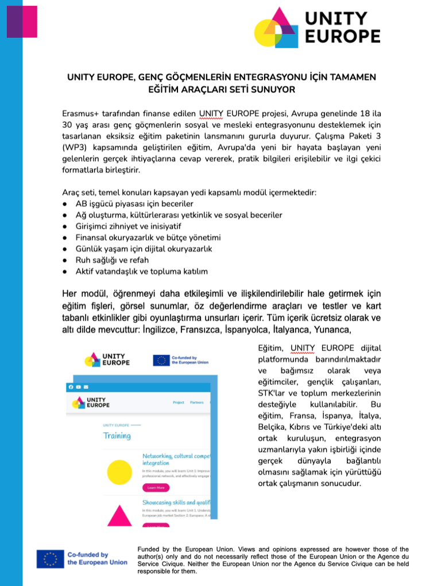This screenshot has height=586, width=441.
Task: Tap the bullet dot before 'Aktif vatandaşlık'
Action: pyautogui.click(x=67, y=271)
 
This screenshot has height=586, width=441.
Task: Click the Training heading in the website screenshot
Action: pyautogui.click(x=117, y=435)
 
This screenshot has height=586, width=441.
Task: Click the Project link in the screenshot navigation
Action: pyautogui.click(x=179, y=402)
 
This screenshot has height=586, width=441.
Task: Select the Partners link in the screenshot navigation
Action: pyautogui.click(x=197, y=402)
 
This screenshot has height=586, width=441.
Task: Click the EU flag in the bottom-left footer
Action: pyautogui.click(x=51, y=558)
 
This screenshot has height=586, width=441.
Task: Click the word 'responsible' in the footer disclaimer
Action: pyautogui.click(x=157, y=572)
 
